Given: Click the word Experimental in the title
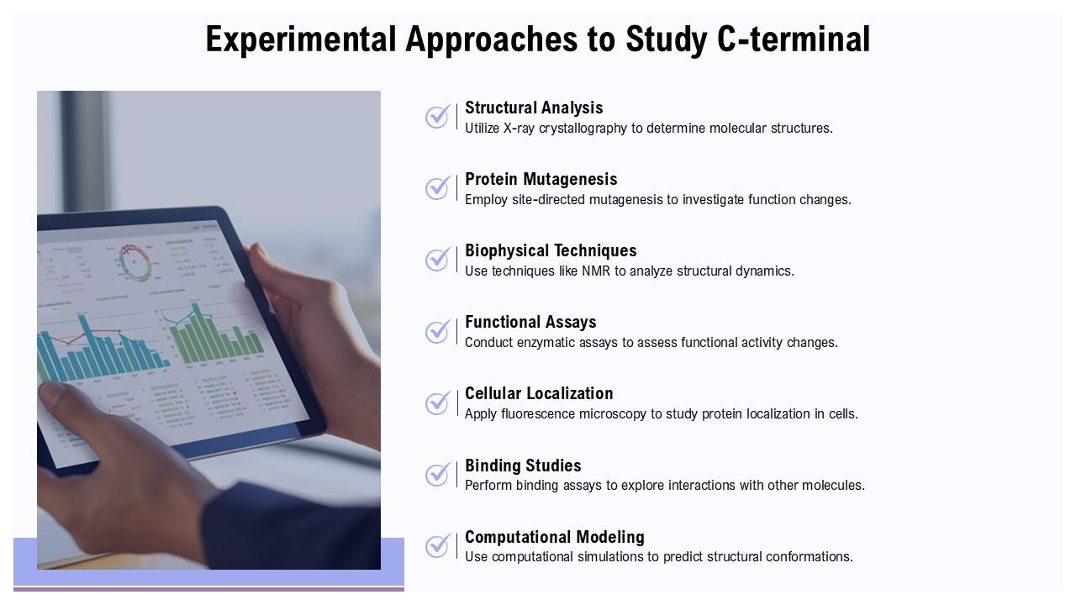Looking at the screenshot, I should (300, 39).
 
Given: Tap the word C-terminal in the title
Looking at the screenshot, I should (794, 39).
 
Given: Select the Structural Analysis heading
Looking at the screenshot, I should (534, 108).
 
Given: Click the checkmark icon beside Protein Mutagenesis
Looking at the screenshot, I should (437, 188).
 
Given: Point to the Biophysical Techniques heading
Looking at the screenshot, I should (551, 250).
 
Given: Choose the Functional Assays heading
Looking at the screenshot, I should (530, 322).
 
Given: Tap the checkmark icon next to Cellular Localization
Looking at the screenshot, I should (437, 403).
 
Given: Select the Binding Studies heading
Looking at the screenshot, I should (523, 466).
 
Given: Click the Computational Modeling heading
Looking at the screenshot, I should (555, 537).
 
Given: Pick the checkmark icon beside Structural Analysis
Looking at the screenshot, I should (437, 117).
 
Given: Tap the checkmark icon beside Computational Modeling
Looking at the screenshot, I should (437, 546).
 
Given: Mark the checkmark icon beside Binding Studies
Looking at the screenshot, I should (437, 475).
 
